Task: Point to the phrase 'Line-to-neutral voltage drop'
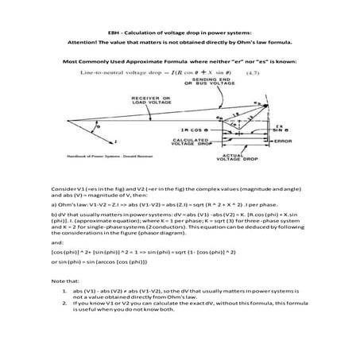tap(118, 72)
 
